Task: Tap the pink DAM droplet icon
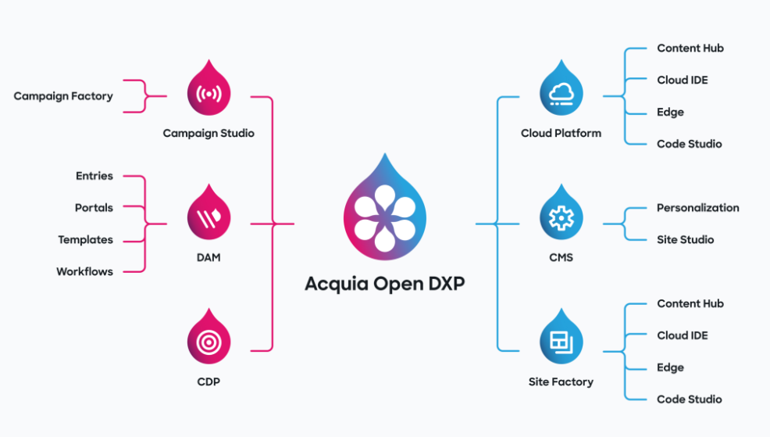[x=209, y=215]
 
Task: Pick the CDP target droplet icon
[x=209, y=340]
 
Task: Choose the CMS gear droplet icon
[x=561, y=215]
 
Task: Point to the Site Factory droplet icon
[x=561, y=340]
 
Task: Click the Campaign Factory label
[x=63, y=96]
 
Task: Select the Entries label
[x=94, y=176]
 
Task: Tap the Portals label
[x=94, y=208]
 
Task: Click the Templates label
[x=86, y=240]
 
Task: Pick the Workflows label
[x=84, y=272]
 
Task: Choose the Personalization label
[x=697, y=208]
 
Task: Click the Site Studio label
[x=685, y=240]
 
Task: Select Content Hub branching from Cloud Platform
[x=690, y=48]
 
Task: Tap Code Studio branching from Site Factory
[x=689, y=399]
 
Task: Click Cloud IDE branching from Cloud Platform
[x=682, y=80]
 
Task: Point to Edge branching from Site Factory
[x=670, y=367]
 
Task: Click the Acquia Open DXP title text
[x=385, y=283]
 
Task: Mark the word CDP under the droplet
[x=209, y=382]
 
